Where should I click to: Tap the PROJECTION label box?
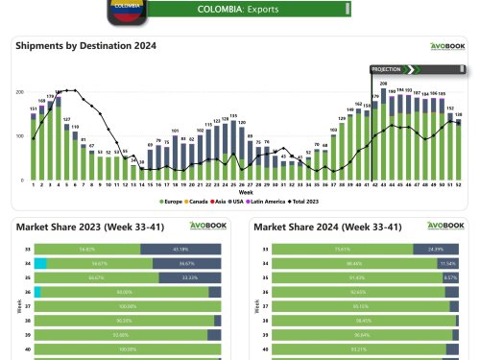388,69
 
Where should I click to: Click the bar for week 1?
34,149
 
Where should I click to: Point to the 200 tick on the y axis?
20,92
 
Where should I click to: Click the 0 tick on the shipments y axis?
22,180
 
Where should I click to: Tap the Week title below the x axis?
246,192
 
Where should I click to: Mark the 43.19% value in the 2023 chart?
180,249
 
